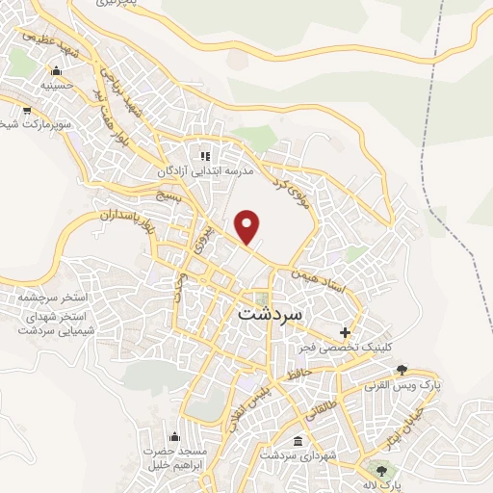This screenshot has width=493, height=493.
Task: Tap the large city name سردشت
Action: coord(270,314)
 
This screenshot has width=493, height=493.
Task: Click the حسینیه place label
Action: coord(56,85)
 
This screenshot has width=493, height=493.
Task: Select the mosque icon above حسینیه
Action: coord(56,69)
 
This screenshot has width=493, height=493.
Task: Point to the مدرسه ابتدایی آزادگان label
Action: coord(206,170)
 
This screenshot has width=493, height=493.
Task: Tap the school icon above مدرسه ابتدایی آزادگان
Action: coord(204,155)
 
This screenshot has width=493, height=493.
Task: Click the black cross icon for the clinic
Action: coord(345,331)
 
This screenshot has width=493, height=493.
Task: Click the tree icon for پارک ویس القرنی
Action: coord(402,370)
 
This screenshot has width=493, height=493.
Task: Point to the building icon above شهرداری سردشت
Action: coord(296,440)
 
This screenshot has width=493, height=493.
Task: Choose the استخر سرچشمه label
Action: coord(53,300)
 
